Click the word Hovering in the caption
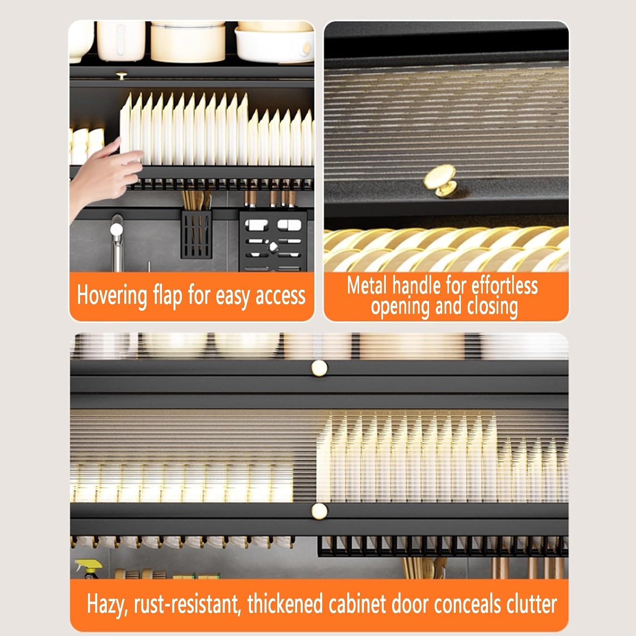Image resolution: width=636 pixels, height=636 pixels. [x=112, y=296]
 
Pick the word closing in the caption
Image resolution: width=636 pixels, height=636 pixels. [x=492, y=306]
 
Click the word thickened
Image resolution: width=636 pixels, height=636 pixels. [x=285, y=604]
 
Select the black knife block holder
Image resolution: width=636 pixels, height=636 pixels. [x=273, y=240]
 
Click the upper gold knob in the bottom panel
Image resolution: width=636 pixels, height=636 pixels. [x=319, y=368]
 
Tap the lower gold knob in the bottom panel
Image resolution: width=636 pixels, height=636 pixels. [x=319, y=511]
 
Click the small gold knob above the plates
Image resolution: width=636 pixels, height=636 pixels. [x=122, y=76]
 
